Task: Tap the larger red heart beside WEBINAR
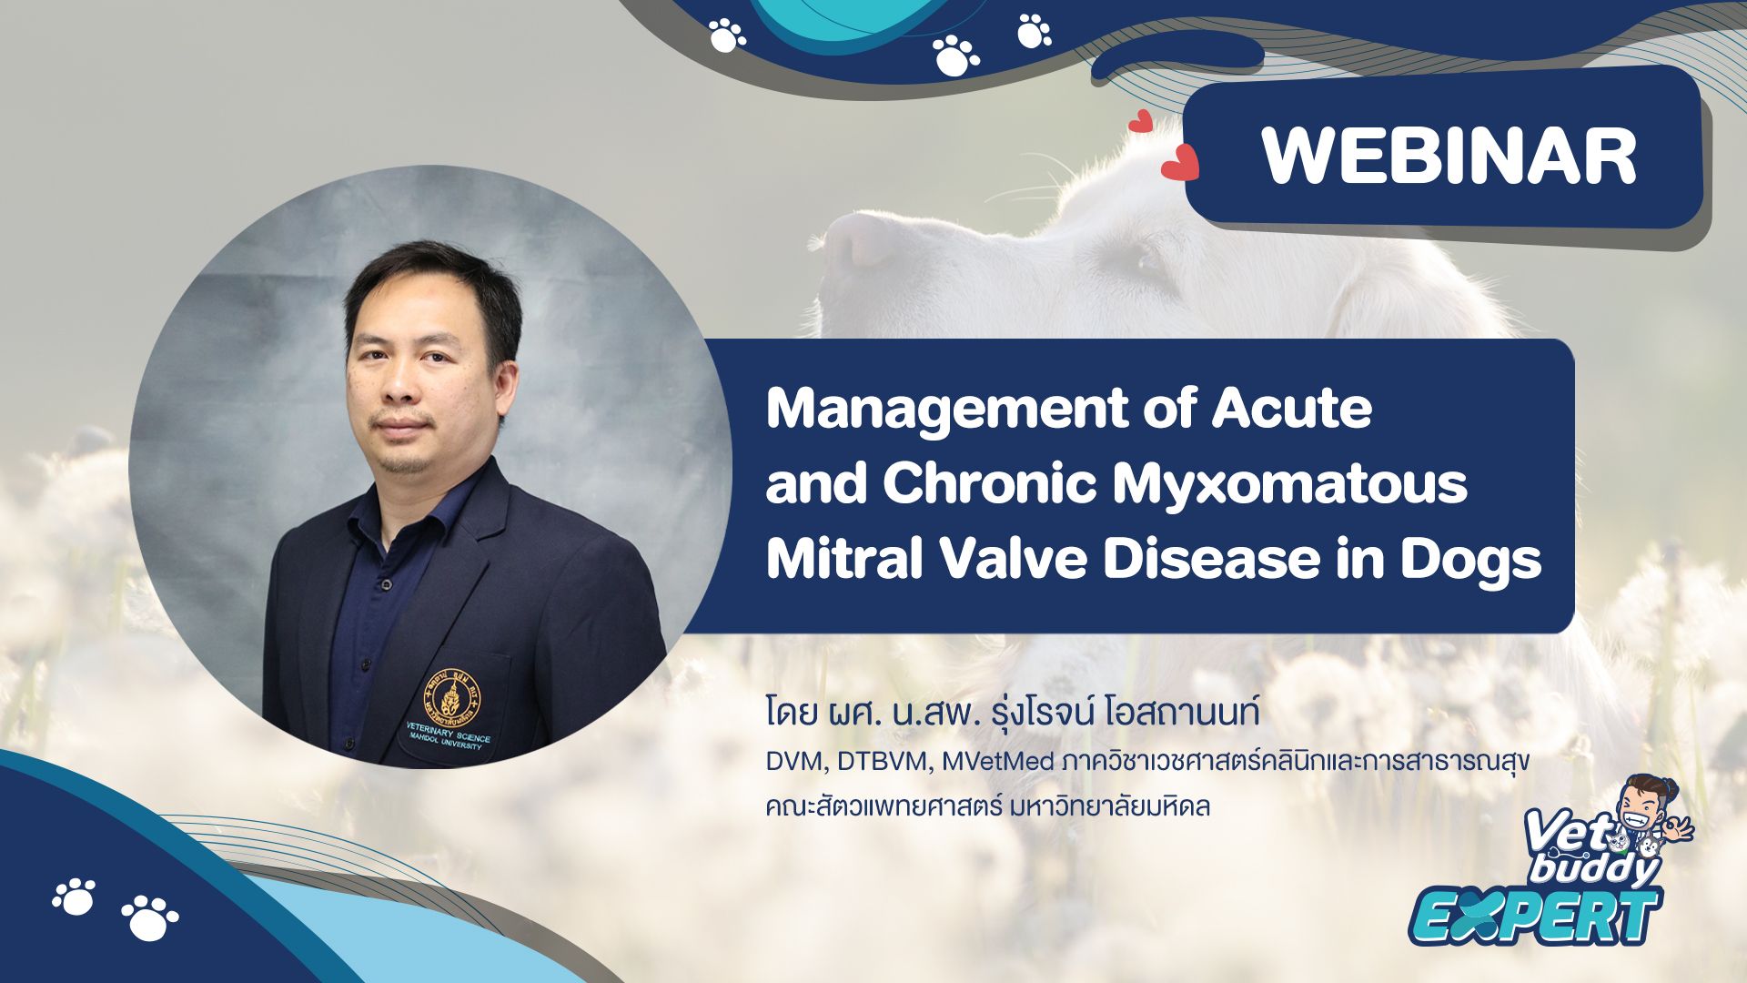pos(1180,163)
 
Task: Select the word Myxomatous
pos(1290,486)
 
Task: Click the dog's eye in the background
pos(1148,264)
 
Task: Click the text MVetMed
pos(997,761)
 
